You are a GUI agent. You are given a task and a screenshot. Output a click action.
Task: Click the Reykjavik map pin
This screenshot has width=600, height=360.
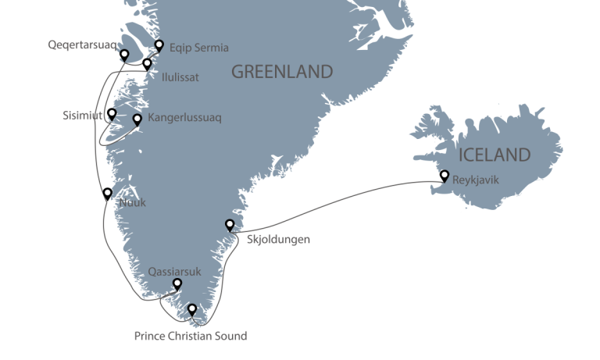445,175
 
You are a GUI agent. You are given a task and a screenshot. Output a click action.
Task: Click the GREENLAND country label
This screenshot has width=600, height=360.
282,73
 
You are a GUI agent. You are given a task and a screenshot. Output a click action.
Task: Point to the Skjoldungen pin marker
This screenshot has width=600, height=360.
230,225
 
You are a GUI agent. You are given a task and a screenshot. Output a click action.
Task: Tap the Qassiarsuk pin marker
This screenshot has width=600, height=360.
177,284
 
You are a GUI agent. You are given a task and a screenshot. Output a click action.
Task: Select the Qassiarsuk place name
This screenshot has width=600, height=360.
174,272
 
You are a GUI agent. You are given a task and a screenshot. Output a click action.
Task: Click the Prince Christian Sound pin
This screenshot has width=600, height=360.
192,310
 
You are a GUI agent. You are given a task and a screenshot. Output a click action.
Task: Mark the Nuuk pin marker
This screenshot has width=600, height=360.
107,193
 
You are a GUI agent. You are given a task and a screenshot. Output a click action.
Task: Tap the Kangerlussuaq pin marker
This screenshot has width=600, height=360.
137,119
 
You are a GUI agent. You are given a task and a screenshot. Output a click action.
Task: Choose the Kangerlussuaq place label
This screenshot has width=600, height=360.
185,120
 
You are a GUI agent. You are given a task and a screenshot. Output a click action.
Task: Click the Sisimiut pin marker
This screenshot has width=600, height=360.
112,113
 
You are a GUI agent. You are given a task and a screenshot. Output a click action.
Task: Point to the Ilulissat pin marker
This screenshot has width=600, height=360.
147,64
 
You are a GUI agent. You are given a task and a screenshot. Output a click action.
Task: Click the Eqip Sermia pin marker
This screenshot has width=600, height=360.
159,45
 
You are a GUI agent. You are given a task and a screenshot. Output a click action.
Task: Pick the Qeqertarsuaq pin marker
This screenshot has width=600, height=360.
123,54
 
